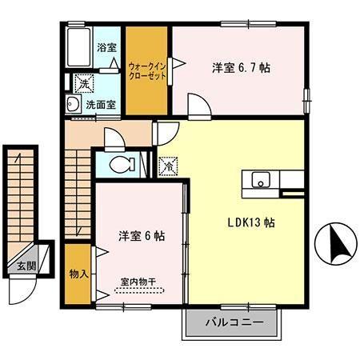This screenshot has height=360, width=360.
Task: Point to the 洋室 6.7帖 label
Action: click(x=241, y=67)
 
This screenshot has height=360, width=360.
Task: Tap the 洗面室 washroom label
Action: click(x=102, y=104)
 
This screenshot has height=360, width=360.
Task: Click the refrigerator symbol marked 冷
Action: click(x=169, y=167)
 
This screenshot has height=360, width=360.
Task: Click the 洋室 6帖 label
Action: click(x=142, y=236)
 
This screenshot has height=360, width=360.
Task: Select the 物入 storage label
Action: click(x=78, y=274)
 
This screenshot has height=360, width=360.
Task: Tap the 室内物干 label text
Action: click(x=139, y=281)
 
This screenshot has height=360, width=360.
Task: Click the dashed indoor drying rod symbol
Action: click(x=138, y=291)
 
